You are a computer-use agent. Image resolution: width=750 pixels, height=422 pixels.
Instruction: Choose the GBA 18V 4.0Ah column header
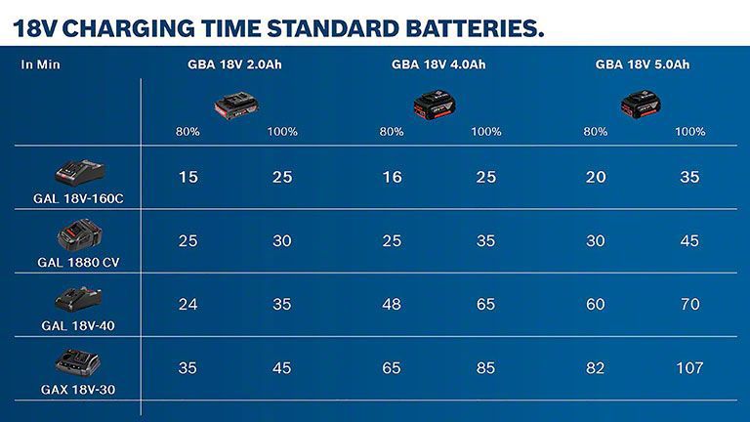(x=438, y=65)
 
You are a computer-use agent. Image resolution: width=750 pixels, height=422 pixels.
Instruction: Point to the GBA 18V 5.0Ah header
(x=643, y=65)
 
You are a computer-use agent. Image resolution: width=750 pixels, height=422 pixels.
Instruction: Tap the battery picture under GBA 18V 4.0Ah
(x=435, y=103)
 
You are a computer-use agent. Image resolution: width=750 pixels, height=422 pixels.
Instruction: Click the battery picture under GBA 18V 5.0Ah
(x=641, y=103)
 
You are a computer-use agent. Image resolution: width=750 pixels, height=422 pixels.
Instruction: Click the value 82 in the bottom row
(x=596, y=368)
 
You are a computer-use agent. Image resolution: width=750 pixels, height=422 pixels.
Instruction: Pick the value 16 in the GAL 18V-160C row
(x=392, y=177)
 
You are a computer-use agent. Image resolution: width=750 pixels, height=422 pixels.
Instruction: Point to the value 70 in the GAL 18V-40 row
(x=690, y=304)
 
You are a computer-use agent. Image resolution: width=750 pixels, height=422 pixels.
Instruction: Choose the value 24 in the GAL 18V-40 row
(x=188, y=304)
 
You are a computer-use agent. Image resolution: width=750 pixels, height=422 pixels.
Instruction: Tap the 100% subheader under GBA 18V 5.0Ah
(x=690, y=132)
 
